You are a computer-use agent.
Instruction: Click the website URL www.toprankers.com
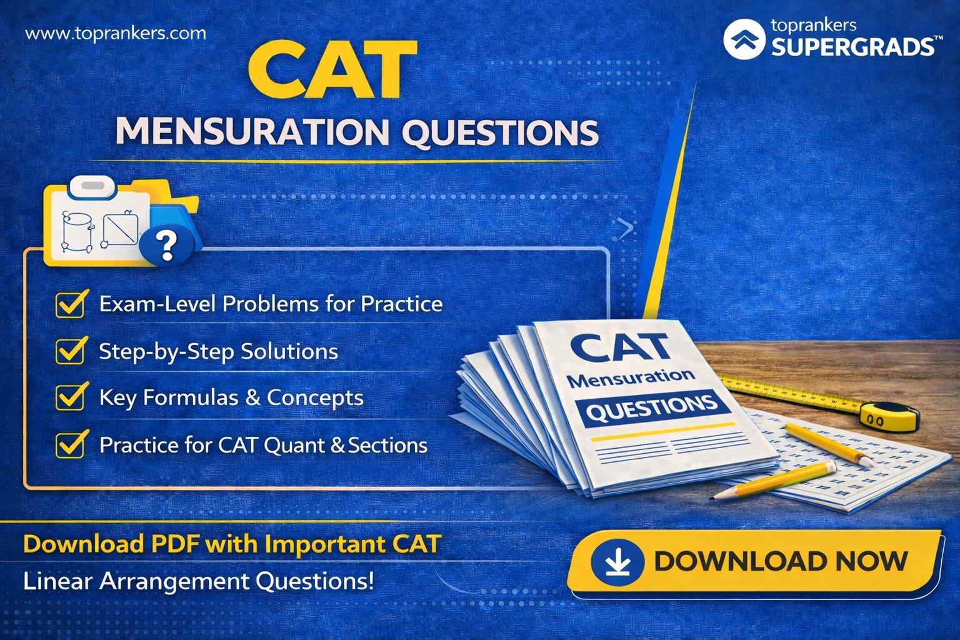(116, 33)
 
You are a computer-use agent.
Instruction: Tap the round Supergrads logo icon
(744, 39)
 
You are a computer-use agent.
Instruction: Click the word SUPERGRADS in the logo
(853, 46)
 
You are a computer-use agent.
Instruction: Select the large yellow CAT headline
(332, 69)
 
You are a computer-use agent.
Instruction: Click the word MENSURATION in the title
(252, 132)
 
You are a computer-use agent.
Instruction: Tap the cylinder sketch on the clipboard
(77, 232)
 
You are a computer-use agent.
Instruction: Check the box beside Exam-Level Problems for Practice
(71, 304)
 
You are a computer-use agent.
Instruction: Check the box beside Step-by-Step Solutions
(71, 351)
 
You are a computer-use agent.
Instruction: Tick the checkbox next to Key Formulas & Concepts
(71, 397)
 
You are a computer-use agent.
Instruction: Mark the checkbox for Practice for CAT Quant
(71, 444)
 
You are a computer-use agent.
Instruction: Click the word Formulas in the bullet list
(190, 397)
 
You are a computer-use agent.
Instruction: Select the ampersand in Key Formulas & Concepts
(252, 397)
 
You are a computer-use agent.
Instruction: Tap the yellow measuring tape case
(888, 416)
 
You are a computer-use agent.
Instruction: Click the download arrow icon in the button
(617, 562)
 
